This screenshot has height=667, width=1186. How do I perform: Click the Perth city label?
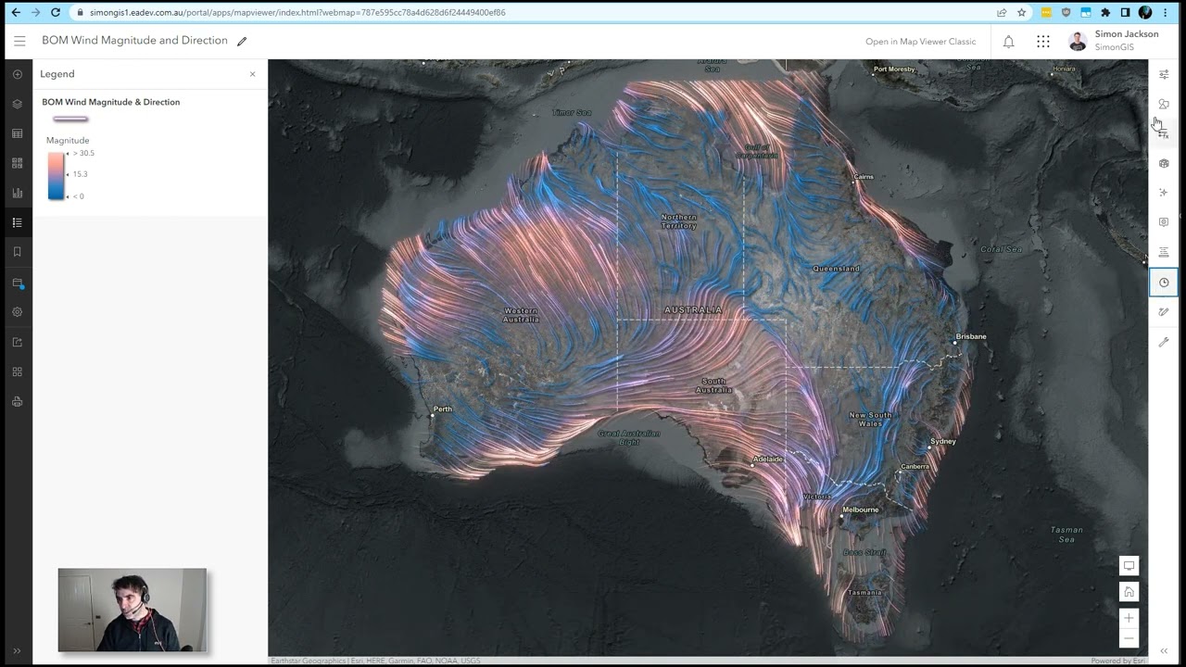coord(443,409)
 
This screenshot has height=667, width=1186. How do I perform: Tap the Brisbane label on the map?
coord(971,336)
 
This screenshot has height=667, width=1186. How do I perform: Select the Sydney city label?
coord(943,441)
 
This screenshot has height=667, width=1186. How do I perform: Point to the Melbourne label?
coord(861,510)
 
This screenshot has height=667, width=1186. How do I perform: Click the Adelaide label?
coord(768,459)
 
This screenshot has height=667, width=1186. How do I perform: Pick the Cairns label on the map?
coord(864,176)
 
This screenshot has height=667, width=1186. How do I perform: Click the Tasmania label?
coord(865,593)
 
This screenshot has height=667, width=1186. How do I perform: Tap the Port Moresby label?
coord(894,69)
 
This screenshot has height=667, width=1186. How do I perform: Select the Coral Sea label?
coord(1001,249)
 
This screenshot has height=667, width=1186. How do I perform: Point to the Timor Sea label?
coord(572,113)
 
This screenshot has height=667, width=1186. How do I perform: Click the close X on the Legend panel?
coord(252,74)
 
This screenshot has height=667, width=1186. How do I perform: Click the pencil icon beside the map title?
coord(242,41)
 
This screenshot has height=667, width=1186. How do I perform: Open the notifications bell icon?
coord(1008,42)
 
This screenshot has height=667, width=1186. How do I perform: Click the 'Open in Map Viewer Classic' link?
coord(920,42)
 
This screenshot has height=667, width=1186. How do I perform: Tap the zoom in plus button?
coord(1129,618)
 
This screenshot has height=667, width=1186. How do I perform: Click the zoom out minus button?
coord(1129,638)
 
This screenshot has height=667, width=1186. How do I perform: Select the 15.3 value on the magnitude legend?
coord(80,174)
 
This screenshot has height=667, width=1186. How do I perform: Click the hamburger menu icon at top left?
coord(19,41)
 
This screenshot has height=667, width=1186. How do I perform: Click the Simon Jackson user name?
coord(1126,34)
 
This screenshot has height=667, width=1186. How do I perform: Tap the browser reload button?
coord(56,12)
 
